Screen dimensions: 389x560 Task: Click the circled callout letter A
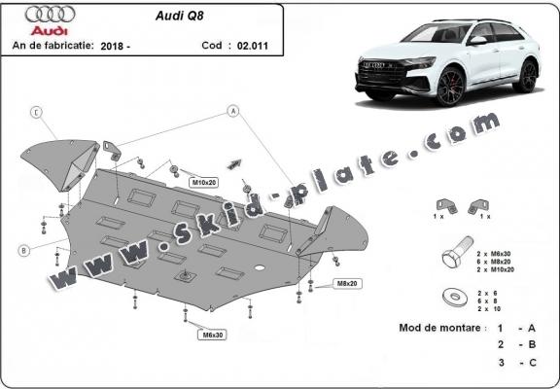(x=233, y=111)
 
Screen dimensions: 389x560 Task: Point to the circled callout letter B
(x=21, y=250)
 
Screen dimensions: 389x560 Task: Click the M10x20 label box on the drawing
(x=202, y=182)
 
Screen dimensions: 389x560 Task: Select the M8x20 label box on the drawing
(x=347, y=283)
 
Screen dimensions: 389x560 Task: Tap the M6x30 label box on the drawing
(x=213, y=335)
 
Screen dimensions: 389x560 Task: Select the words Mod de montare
(x=439, y=328)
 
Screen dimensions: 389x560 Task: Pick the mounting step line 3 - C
(x=515, y=363)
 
